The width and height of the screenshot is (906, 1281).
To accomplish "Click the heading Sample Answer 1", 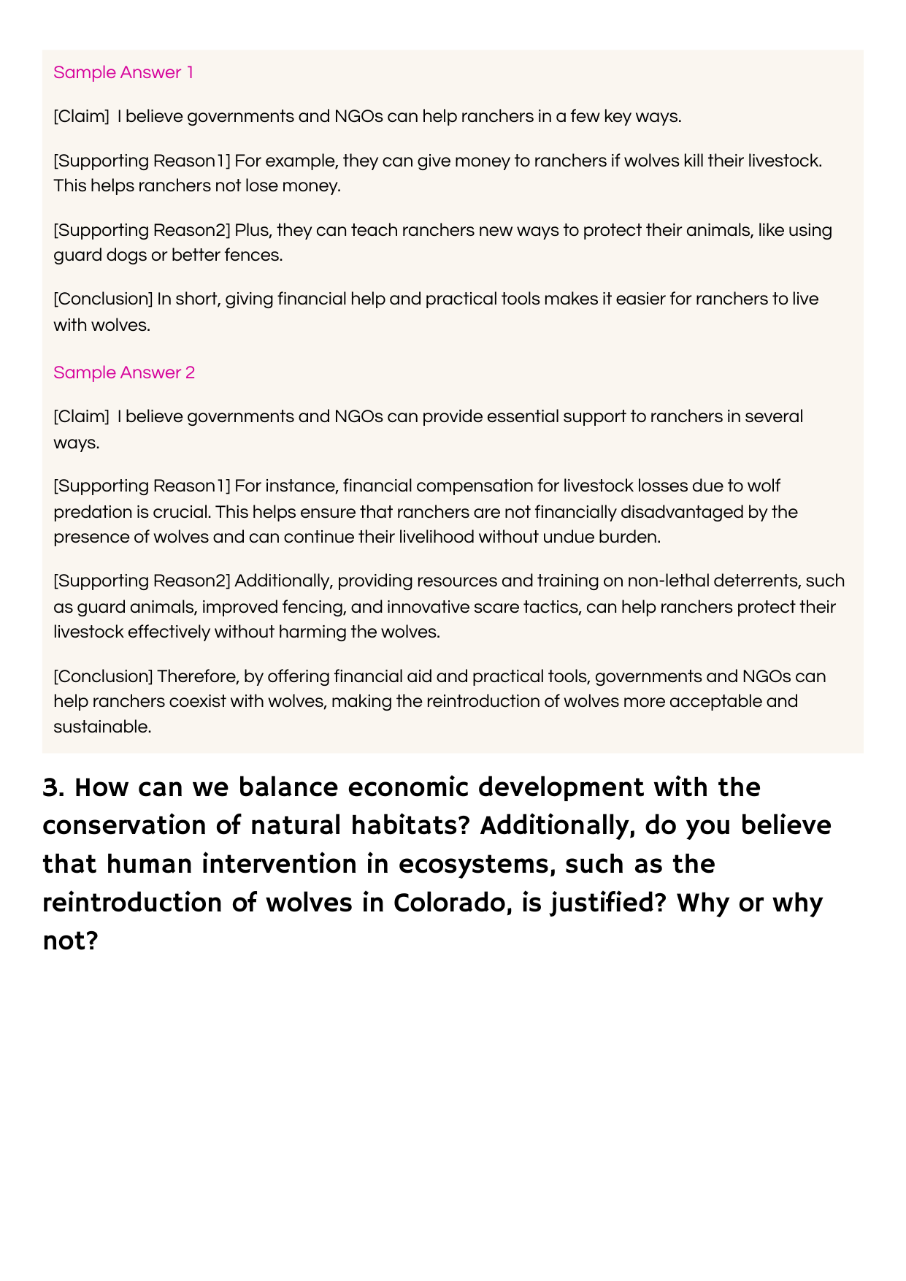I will pos(123,72).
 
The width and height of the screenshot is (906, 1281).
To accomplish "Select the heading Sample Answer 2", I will pos(124,372).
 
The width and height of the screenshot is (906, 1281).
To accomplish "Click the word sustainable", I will pos(102,727).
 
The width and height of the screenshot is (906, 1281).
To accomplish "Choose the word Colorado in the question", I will pos(450,903).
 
